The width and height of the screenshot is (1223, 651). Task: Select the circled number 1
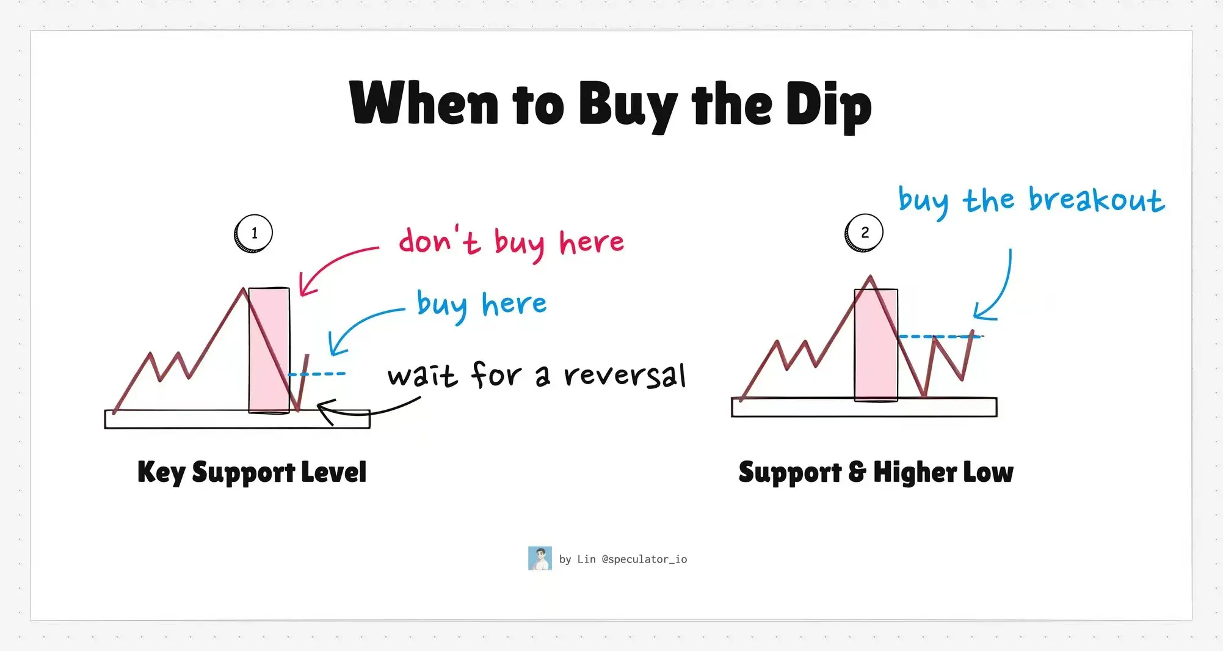pyautogui.click(x=253, y=233)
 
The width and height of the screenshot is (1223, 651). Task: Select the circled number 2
pyautogui.click(x=864, y=233)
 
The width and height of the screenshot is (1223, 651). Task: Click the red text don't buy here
pyautogui.click(x=512, y=242)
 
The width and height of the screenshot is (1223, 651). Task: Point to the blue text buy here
pyautogui.click(x=482, y=305)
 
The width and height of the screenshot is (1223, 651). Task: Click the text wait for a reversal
pyautogui.click(x=537, y=374)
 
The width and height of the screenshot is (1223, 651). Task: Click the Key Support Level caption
pyautogui.click(x=252, y=472)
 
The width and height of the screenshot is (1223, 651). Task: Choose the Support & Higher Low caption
pyautogui.click(x=876, y=472)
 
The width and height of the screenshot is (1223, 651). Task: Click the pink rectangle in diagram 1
pyautogui.click(x=269, y=351)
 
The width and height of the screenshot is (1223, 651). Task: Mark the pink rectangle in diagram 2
pyautogui.click(x=876, y=345)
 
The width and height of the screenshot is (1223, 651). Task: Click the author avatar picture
pyautogui.click(x=540, y=558)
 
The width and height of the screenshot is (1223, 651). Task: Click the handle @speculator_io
pyautogui.click(x=644, y=559)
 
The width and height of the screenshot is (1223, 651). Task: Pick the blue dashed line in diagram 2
pyautogui.click(x=940, y=336)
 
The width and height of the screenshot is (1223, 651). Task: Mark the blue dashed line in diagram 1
pyautogui.click(x=317, y=374)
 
